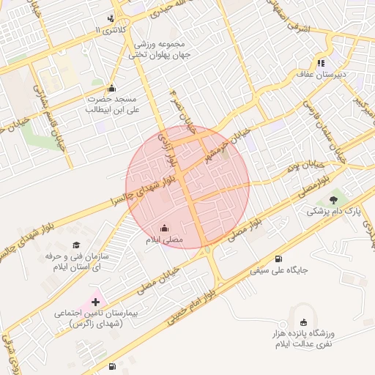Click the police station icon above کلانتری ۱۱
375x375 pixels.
click(110, 18)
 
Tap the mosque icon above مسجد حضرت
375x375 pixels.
click(112, 87)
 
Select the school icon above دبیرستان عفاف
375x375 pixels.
click(320, 62)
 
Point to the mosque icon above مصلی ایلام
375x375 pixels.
click(163, 227)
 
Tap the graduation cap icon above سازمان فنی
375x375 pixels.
click(76, 245)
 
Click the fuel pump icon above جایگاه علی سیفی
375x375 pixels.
click(279, 259)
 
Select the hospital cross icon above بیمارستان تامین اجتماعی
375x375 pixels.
click(95, 301)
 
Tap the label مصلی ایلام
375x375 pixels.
click(163, 240)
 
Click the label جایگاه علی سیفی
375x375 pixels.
click(279, 271)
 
